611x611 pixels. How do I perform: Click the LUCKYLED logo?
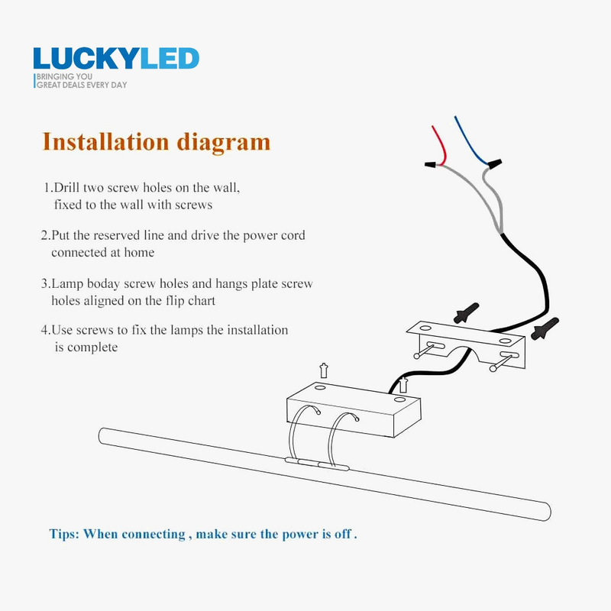coord(116,59)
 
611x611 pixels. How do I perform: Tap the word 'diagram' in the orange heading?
coord(223,143)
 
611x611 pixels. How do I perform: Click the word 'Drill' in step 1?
coord(67,187)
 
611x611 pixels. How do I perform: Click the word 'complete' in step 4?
coord(92,348)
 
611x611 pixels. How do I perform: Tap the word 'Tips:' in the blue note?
coord(64,534)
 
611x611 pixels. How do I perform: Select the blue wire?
coord(469,141)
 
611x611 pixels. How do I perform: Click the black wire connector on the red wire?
coord(431,165)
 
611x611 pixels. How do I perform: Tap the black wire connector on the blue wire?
coord(494,163)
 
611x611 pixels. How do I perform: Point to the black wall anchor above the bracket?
coord(467,312)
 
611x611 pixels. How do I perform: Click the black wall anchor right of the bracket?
coord(545,328)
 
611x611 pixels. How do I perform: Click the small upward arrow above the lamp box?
coord(323,370)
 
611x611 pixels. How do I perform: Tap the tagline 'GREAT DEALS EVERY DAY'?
coord(82,85)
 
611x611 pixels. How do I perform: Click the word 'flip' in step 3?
coord(175,301)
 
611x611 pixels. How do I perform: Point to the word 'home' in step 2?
coord(139,253)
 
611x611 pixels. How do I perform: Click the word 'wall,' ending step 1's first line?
coord(226,188)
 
